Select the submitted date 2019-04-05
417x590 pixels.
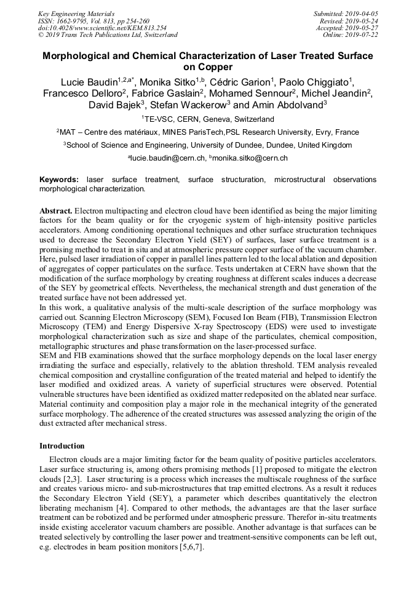pyautogui.click(x=360, y=14)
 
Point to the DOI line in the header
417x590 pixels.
pyautogui.click(x=101, y=28)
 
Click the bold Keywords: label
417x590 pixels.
pyautogui.click(x=59, y=180)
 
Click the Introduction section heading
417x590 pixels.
pyautogui.click(x=62, y=445)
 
